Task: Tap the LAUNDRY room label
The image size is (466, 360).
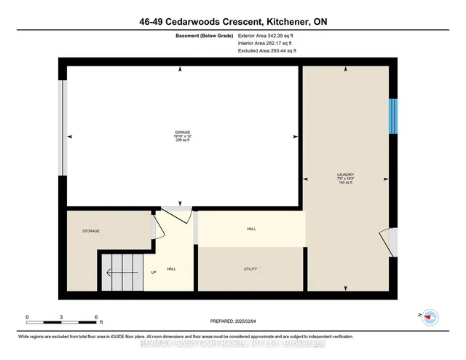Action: pyautogui.click(x=345, y=175)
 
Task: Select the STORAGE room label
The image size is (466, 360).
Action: pyautogui.click(x=90, y=231)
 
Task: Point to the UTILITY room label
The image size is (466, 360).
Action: pyautogui.click(x=250, y=269)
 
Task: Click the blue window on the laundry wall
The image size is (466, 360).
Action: pyautogui.click(x=392, y=117)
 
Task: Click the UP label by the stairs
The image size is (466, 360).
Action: pyautogui.click(x=153, y=273)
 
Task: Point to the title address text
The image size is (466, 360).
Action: pyautogui.click(x=233, y=22)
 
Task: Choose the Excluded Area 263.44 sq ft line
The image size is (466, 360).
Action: pyautogui.click(x=267, y=52)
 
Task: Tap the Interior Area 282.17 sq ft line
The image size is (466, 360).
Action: pyautogui.click(x=266, y=44)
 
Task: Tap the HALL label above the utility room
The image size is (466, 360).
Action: pyautogui.click(x=251, y=229)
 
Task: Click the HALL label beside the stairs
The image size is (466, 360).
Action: pyautogui.click(x=172, y=269)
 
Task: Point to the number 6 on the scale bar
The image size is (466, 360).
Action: pyautogui.click(x=97, y=318)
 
